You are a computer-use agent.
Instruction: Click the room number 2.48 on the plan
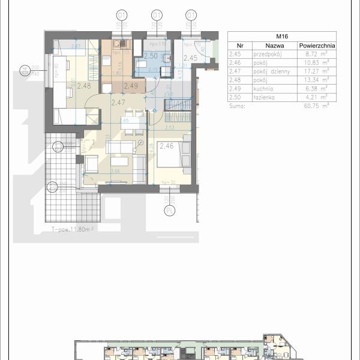[84, 86]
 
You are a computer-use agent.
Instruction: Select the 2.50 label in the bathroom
[151, 56]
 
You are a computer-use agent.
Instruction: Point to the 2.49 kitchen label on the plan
[130, 86]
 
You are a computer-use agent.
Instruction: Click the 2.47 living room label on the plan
[118, 103]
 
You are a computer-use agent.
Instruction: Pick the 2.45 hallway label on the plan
[190, 58]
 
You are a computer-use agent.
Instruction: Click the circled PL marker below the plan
[170, 211]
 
